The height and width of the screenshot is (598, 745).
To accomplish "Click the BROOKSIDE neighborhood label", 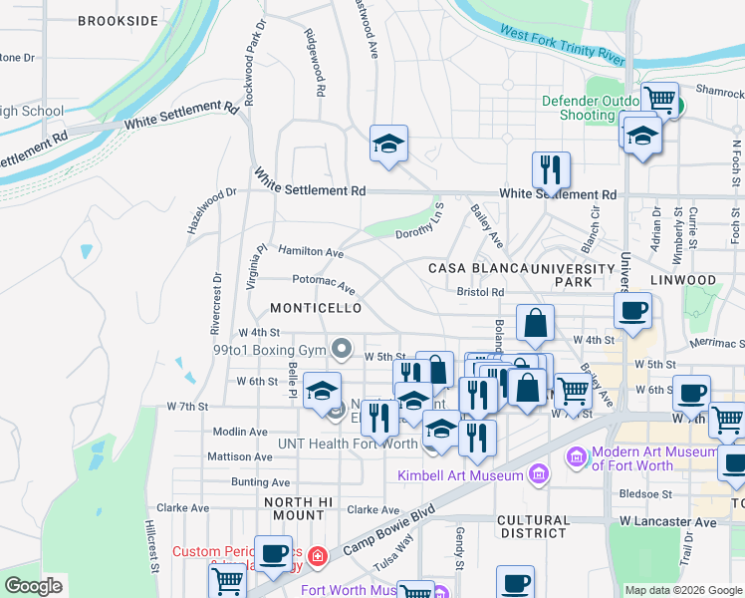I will pyautogui.click(x=118, y=20).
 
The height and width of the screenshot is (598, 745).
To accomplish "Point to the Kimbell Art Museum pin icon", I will pyautogui.click(x=539, y=473).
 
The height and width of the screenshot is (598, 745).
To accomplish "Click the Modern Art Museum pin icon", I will pyautogui.click(x=576, y=458).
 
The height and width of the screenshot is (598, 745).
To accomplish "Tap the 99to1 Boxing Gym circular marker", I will pyautogui.click(x=342, y=348).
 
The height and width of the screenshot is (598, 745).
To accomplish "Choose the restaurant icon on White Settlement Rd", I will pyautogui.click(x=551, y=170).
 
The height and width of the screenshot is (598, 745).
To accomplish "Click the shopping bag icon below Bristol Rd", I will pyautogui.click(x=535, y=324).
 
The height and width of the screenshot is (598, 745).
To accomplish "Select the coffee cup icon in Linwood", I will pyautogui.click(x=633, y=311).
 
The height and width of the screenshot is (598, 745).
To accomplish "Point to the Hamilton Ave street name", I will pyautogui.click(x=311, y=252).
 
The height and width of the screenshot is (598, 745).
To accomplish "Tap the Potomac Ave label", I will pyautogui.click(x=323, y=282).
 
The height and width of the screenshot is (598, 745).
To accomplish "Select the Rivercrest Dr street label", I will pyautogui.click(x=214, y=304).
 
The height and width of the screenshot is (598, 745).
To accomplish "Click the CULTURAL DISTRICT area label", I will pyautogui.click(x=533, y=526).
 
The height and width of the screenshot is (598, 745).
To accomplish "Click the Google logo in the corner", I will pyautogui.click(x=33, y=586).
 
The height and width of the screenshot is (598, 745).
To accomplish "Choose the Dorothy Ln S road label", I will pyautogui.click(x=420, y=229).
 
